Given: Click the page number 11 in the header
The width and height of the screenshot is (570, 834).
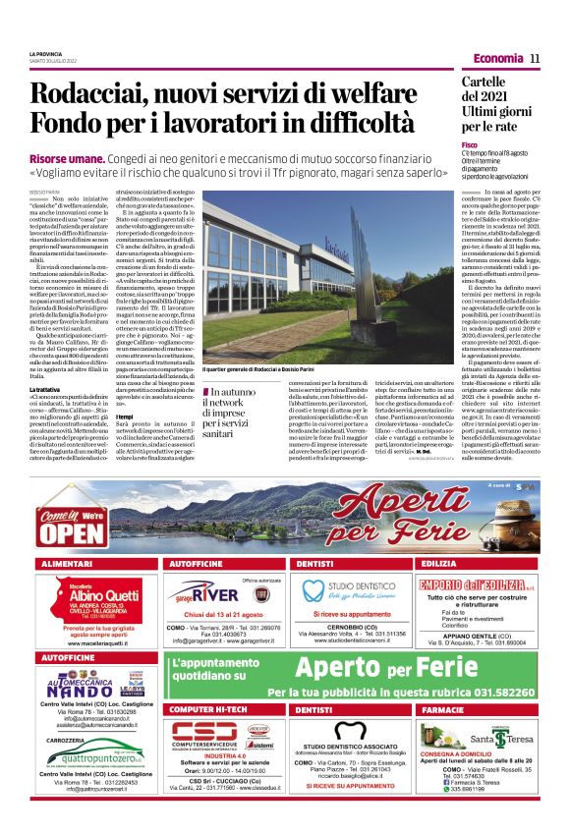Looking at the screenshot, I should point(535,58).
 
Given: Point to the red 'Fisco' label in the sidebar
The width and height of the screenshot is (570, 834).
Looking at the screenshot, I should point(470,144).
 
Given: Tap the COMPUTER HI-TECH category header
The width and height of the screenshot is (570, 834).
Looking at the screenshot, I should point(207,708).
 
